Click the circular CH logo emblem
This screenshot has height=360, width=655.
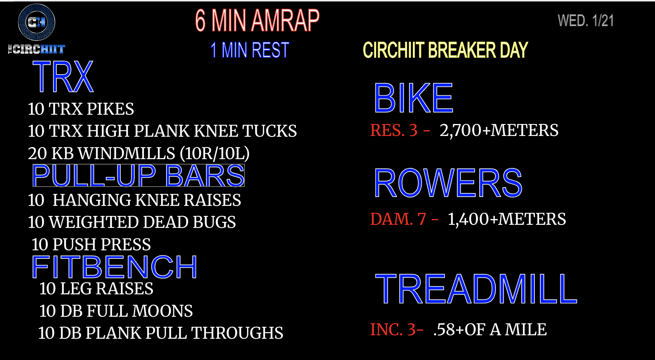pos(37,22)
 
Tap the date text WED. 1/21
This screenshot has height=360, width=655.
pos(585,21)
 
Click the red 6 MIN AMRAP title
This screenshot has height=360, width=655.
pos(257,20)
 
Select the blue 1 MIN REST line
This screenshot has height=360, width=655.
pos(250,50)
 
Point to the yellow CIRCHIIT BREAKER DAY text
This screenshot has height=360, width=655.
pos(445,50)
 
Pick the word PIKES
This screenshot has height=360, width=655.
pos(110,109)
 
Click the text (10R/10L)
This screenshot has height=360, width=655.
pos(215,153)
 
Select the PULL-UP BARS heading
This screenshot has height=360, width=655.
pos(138,175)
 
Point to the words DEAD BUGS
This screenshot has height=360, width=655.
pos(189,222)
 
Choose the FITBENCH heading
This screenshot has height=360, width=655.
pos(114,267)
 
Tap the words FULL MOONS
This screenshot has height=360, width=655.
pos(140,311)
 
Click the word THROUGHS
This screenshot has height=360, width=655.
pos(237,333)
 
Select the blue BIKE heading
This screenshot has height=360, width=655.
pos(414,98)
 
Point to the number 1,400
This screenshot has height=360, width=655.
pos(468,220)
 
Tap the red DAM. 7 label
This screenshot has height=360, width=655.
pos(398,219)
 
